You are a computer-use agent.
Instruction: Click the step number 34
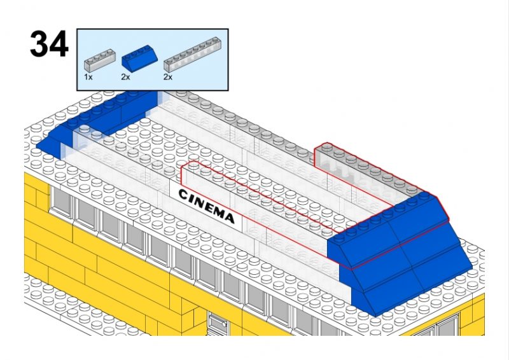click(x=48, y=45)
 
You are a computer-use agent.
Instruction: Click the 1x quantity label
click(x=88, y=76)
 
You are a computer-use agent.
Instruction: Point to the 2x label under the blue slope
click(x=125, y=76)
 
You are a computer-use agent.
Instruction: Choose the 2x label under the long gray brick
click(x=168, y=76)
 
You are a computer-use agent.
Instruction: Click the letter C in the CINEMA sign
click(x=183, y=193)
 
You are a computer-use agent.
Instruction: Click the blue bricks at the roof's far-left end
click(x=95, y=121)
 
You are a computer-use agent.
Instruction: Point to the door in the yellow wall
click(x=217, y=324)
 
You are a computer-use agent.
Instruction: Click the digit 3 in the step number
click(x=39, y=45)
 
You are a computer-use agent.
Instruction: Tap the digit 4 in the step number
click(x=58, y=45)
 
